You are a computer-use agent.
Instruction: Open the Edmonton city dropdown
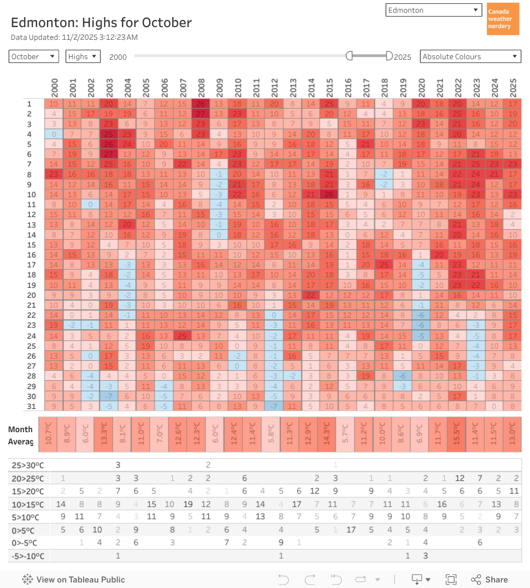coord(434,11)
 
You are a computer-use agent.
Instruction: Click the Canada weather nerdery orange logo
coord(503,19)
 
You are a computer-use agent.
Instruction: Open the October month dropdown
coord(34,56)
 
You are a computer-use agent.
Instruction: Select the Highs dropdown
coord(83,56)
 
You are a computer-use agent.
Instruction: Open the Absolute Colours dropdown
coord(470,56)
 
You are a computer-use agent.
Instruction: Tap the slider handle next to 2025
coord(389,56)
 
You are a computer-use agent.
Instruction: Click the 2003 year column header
coord(109,87)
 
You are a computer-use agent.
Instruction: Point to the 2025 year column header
coord(513,87)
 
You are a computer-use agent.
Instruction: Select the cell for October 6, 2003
coord(109,154)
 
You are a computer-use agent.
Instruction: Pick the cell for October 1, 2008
coord(201,104)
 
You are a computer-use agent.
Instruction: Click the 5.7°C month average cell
coord(345,434)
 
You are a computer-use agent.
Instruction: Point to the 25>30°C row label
coord(28,465)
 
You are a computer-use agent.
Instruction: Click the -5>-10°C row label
coord(28,556)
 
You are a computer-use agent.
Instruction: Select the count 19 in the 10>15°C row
coord(188,504)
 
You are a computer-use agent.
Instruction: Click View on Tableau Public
coord(74,580)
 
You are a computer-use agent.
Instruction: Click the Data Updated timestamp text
coord(75,38)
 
